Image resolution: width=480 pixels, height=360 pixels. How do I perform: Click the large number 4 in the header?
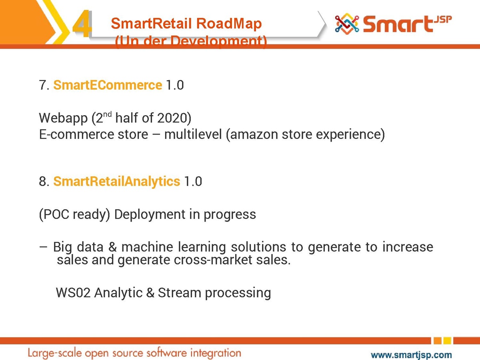82,24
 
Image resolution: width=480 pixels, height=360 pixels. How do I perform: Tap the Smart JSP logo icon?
347,24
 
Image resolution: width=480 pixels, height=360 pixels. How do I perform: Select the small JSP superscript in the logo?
443,20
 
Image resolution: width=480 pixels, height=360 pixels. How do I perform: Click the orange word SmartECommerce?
108,85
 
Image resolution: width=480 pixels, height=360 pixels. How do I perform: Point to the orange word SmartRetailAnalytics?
116,182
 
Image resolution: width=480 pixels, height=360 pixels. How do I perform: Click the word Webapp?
63,118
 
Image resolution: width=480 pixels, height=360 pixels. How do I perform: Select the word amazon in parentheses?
254,135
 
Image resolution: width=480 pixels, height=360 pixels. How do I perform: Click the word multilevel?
193,134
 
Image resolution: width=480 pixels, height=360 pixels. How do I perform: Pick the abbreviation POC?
56,214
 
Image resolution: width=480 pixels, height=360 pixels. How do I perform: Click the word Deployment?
150,215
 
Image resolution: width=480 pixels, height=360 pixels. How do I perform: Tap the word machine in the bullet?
147,247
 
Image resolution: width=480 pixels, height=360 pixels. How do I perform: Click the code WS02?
73,293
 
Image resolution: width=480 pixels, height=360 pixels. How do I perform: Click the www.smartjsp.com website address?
411,354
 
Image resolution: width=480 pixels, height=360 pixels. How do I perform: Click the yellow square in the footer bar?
447,340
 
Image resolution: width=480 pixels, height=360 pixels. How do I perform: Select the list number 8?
44,182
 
